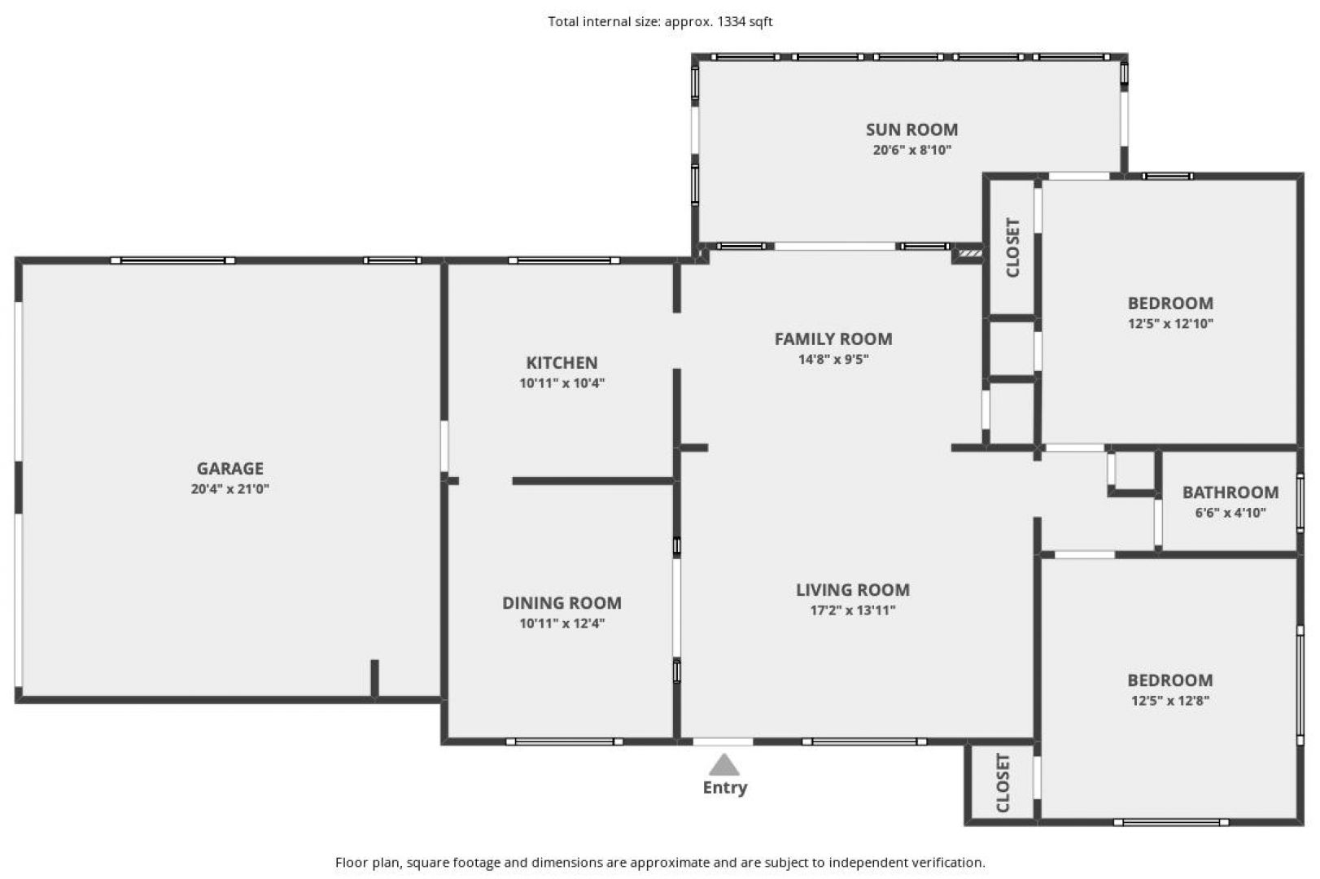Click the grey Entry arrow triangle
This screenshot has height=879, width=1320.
click(x=724, y=765)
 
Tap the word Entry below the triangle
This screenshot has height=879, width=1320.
click(x=725, y=788)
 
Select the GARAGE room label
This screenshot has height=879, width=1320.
click(x=229, y=469)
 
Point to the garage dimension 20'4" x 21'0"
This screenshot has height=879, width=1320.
click(x=229, y=488)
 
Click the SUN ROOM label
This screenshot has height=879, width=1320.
click(x=911, y=129)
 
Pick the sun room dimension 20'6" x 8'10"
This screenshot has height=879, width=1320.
click(x=912, y=150)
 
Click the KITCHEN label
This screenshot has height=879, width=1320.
click(x=562, y=362)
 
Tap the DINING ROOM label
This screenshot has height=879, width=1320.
click(x=562, y=603)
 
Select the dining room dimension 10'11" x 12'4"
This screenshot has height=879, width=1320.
click(x=562, y=623)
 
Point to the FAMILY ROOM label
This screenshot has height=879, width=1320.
click(x=833, y=339)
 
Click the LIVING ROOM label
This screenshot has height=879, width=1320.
click(x=853, y=589)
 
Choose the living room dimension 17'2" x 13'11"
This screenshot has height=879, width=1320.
click(x=853, y=610)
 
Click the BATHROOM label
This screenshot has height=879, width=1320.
click(x=1230, y=492)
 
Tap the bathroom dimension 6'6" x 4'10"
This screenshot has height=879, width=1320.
click(x=1230, y=512)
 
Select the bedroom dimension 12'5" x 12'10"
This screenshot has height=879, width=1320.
click(x=1170, y=323)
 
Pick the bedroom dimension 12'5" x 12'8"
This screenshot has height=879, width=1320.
click(x=1170, y=701)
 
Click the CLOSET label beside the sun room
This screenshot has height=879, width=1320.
click(x=1013, y=247)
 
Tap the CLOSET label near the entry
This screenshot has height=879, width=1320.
click(x=1003, y=782)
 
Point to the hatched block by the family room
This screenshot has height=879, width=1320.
click(x=969, y=253)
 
